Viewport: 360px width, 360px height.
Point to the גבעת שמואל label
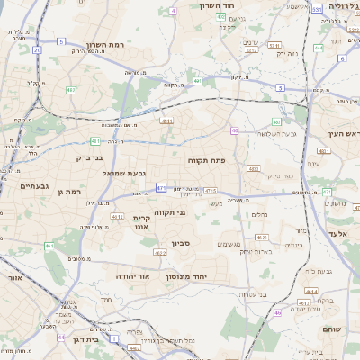coord(124,172)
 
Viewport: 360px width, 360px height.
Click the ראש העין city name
coord(344,133)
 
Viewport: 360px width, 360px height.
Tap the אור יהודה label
coord(132,276)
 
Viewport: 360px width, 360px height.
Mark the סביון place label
coord(181,244)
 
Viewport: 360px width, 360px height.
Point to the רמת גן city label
coord(67,192)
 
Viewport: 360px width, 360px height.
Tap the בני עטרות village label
coord(256,293)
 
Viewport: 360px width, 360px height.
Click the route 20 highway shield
coord(37,49)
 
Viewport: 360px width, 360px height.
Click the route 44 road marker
coord(61,337)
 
